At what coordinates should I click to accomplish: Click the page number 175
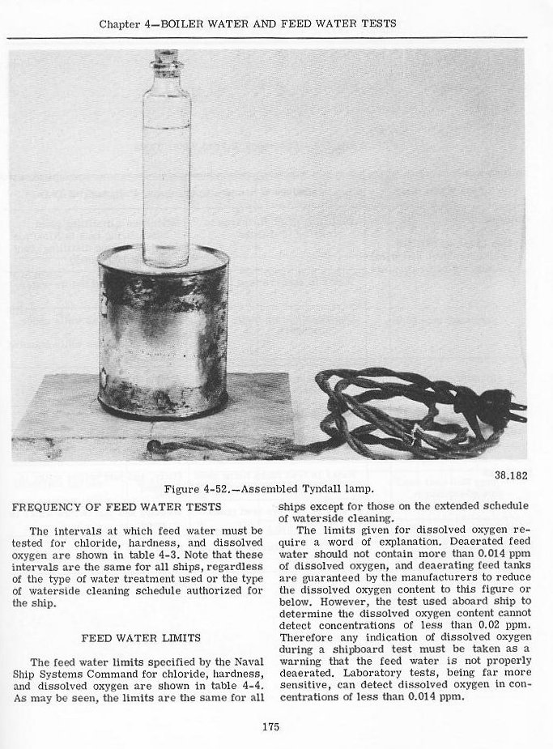click(270, 726)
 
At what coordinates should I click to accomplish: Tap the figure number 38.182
click(510, 474)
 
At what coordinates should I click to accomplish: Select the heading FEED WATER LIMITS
click(141, 637)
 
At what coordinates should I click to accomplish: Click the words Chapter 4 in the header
click(127, 23)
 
